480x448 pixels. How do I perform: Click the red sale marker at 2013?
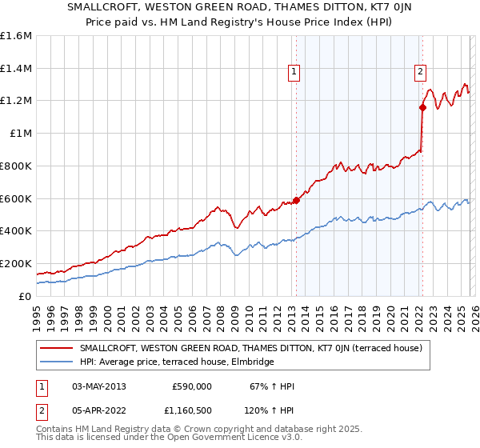296,200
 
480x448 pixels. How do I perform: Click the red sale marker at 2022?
422,107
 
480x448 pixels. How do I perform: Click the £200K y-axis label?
16,263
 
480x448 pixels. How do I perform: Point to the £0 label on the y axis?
24,296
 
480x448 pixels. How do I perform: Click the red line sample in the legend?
57,348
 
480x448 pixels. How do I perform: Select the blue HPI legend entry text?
177,362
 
